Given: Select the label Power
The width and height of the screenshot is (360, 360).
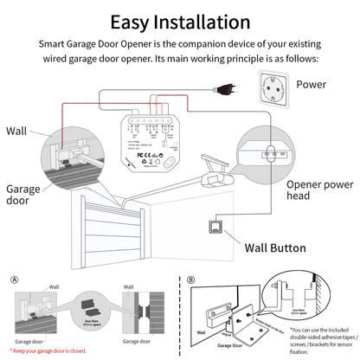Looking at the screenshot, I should tap(312, 84).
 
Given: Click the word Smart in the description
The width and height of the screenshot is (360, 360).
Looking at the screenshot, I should tap(53, 41).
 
